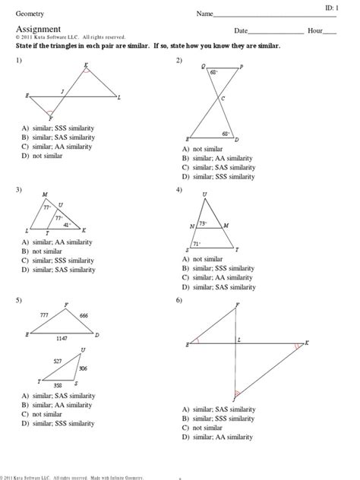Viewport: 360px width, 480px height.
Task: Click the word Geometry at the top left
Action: click(x=27, y=14)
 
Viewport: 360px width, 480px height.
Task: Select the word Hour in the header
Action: click(x=314, y=31)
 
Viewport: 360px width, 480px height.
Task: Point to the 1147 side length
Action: click(x=62, y=338)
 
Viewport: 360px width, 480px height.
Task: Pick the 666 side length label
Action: click(x=84, y=315)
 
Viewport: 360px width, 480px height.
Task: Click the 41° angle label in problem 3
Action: click(x=67, y=225)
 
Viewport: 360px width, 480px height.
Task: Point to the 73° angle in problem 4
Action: click(x=203, y=223)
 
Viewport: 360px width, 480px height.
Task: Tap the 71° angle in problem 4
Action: click(x=197, y=243)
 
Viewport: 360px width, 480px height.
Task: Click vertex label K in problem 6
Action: click(x=308, y=343)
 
